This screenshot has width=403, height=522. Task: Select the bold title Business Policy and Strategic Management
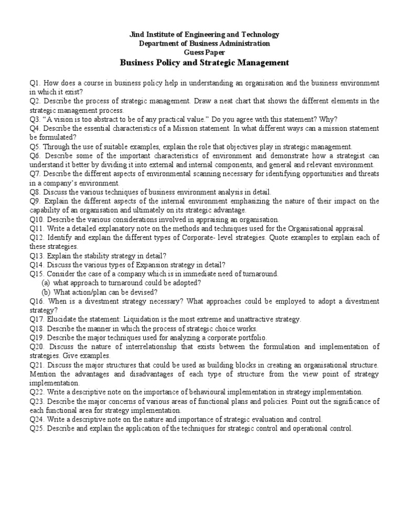point(205,63)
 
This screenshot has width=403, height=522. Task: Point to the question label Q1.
point(35,83)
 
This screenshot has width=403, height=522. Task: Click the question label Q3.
point(35,119)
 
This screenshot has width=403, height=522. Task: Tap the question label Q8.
point(35,192)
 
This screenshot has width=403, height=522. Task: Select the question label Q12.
point(37,238)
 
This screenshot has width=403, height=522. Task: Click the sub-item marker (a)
point(46,283)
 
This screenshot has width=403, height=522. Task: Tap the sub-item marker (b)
point(46,292)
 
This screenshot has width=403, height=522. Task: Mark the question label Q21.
point(37,364)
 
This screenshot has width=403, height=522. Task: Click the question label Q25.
point(37,429)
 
